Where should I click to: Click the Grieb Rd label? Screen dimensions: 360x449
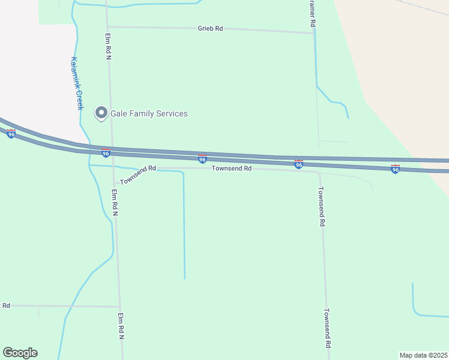point(210,28)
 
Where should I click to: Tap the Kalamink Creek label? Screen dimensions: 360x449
point(76,83)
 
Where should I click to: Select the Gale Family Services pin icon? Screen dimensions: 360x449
point(101,113)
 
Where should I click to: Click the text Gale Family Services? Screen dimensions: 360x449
point(149,113)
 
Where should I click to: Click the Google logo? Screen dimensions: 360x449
point(20,353)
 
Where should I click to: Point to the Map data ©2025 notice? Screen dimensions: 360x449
point(423,355)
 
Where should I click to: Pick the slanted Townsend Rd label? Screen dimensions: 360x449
point(137,175)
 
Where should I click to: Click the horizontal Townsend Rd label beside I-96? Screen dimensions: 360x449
point(231,169)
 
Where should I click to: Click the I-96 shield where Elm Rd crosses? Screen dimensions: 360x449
point(106,152)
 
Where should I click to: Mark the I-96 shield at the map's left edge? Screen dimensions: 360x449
point(11,133)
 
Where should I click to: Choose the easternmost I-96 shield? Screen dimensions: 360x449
point(395,169)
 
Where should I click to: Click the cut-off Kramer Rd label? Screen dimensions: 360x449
point(312,13)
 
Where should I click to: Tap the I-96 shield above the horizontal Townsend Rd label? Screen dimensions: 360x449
point(203,158)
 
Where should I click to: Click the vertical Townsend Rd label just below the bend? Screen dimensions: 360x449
point(321,206)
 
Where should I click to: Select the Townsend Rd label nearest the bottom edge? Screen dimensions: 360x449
point(328,329)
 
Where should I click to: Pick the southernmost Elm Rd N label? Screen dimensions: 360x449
point(121,326)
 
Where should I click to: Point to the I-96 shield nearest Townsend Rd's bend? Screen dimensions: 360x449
point(298,164)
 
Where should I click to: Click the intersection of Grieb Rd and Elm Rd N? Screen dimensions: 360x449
point(107,26)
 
